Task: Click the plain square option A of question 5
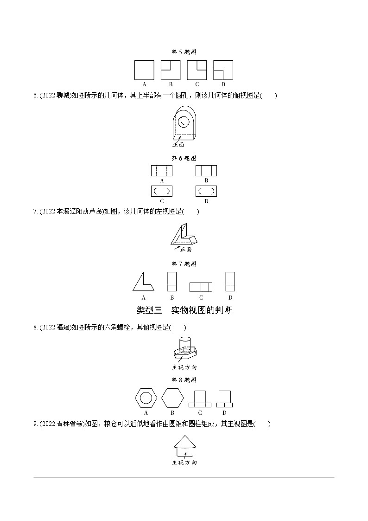point(144,70)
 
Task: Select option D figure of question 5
point(223,70)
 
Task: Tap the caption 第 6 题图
point(184,158)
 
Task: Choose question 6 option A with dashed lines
point(162,171)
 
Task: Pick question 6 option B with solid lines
point(206,171)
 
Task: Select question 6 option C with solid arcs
point(162,191)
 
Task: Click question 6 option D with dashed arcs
point(206,191)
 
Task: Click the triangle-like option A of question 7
point(143,282)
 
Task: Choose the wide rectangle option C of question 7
point(201,287)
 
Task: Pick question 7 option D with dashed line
point(230,282)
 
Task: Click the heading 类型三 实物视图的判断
point(184,310)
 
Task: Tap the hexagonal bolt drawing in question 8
point(184,349)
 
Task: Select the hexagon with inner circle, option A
point(146,398)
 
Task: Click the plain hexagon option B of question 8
point(172,398)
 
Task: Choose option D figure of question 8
point(224,399)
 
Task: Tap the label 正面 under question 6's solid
point(178,145)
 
